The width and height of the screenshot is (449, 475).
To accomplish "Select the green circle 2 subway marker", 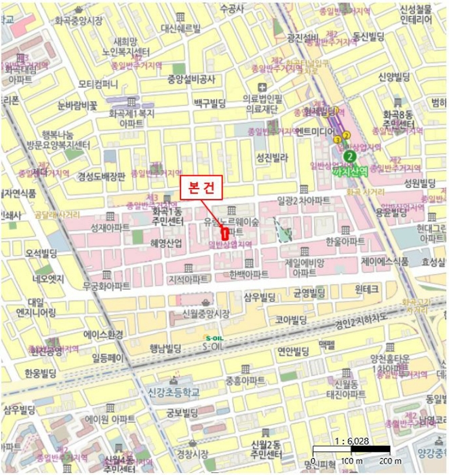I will (349, 155).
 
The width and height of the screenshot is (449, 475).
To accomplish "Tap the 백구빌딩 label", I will (210, 102).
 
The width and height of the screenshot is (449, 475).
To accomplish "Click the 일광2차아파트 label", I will (303, 201).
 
